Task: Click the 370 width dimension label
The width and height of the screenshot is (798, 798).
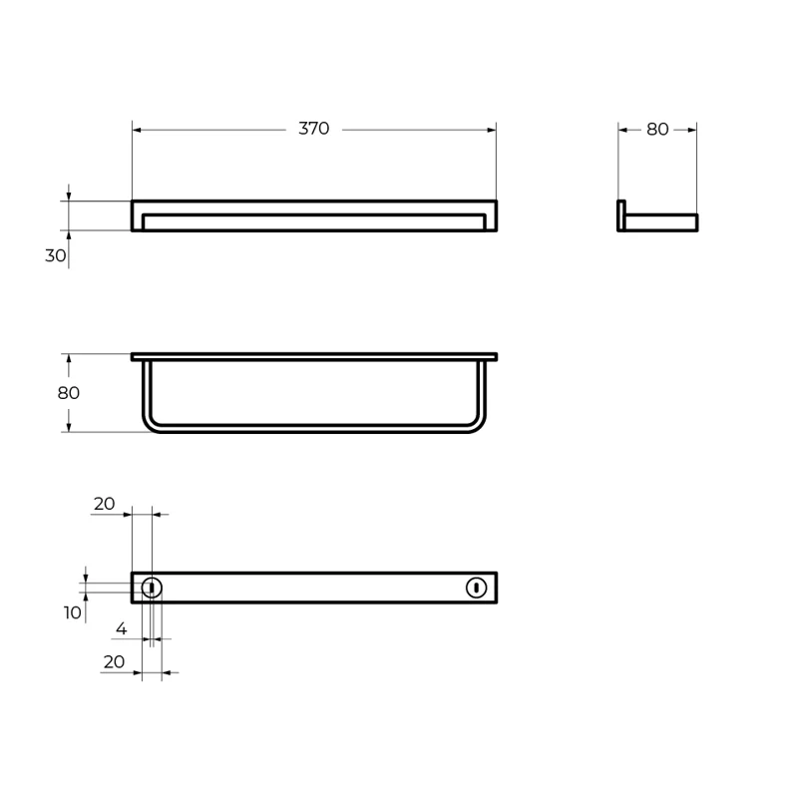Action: pos(313,129)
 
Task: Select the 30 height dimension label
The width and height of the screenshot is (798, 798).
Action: pos(56,255)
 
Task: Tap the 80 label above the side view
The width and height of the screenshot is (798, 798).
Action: pos(657,130)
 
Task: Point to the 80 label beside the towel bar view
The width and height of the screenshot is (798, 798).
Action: pos(68,393)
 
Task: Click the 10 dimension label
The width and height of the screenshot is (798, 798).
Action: pos(72,612)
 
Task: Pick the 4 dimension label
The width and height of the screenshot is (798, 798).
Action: pos(121,628)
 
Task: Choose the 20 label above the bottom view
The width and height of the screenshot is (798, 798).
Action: pos(105,504)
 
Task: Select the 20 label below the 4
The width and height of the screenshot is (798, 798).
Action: pos(114,661)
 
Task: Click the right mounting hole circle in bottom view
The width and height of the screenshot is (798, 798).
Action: pos(477,588)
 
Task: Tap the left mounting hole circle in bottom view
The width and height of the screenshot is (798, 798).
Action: pos(152,588)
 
